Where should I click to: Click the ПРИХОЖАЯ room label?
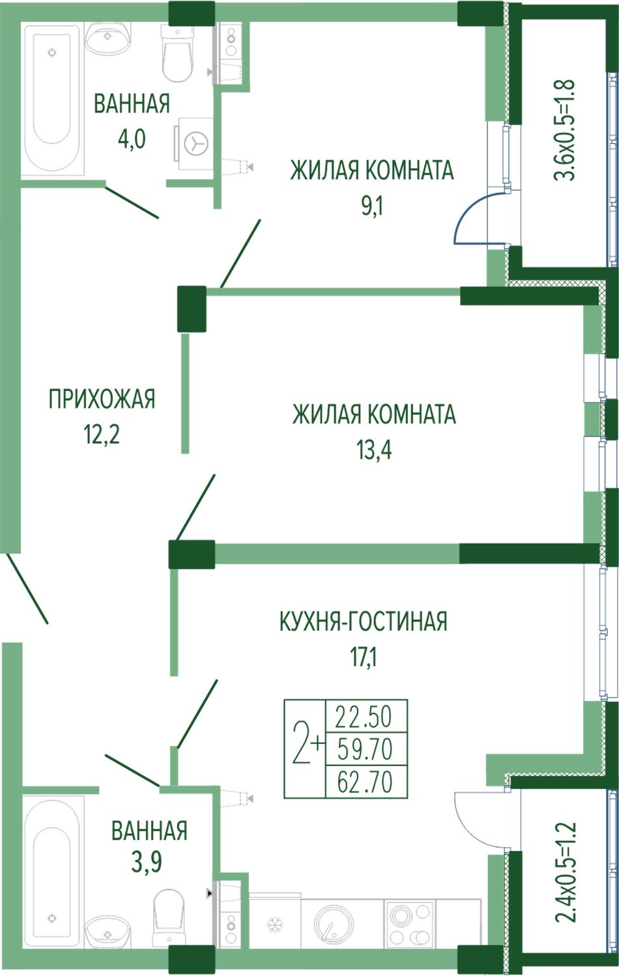pos(102,399)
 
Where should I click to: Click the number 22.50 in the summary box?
pos(364,717)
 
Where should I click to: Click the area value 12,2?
pos(102,434)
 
